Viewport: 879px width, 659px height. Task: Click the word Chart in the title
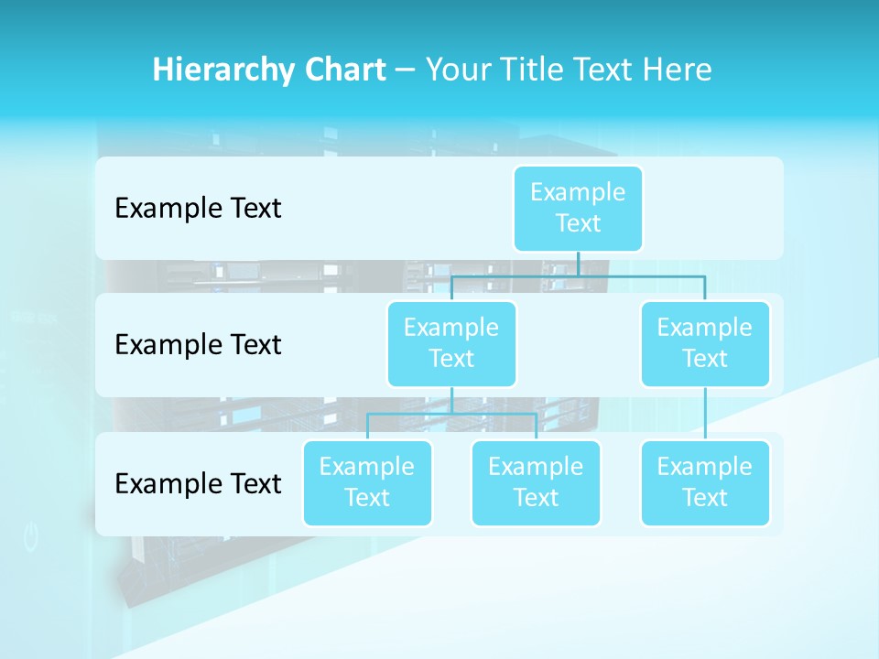344,70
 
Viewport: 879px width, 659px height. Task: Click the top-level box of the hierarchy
578,208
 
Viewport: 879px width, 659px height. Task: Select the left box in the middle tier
451,343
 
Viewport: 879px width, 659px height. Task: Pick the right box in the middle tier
705,343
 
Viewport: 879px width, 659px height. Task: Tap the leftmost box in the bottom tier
367,482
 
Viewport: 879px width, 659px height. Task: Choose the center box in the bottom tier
536,482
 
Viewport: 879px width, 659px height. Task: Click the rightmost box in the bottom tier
705,482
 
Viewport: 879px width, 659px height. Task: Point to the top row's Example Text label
198,209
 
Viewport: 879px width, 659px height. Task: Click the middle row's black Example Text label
198,345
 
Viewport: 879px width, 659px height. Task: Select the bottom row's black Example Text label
198,483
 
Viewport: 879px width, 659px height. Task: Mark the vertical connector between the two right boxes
705,414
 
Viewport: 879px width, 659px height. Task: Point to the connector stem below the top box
578,263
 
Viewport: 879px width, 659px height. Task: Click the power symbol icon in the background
31,537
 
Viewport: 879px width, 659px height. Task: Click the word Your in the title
456,70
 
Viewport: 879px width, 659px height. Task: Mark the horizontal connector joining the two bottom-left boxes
451,414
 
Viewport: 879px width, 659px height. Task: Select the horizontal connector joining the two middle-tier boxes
578,275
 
